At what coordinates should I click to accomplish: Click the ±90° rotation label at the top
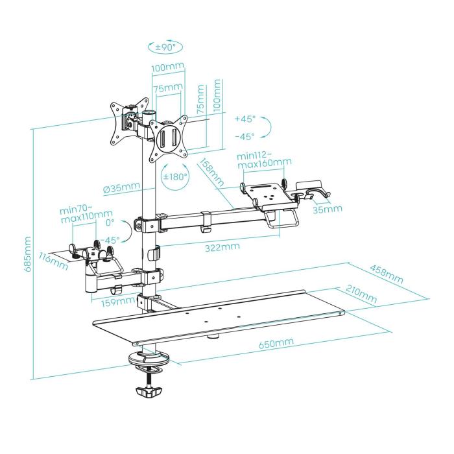tap(165, 47)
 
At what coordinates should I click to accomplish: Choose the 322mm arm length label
tap(221, 247)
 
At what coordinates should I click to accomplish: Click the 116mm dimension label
tap(54, 259)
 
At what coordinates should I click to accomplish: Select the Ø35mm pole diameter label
tap(121, 189)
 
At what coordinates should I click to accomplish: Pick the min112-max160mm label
tap(264, 159)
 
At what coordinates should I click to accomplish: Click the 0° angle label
tap(109, 222)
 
